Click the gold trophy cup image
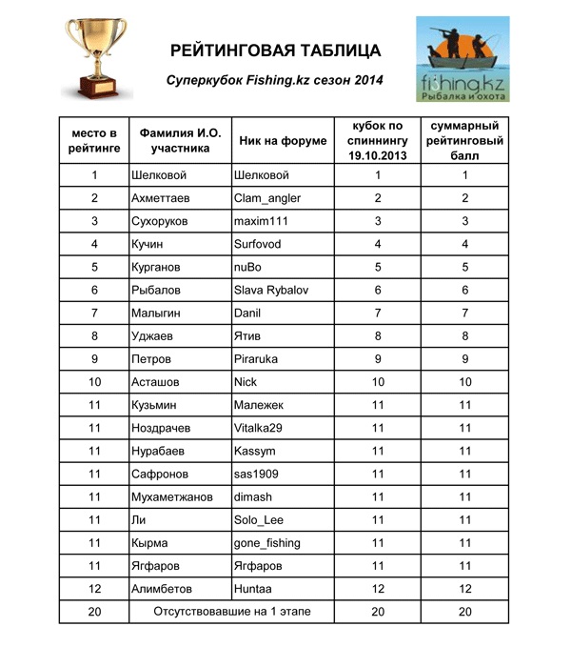(x=97, y=58)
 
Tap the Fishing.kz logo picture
(x=462, y=59)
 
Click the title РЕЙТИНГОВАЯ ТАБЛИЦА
(x=275, y=51)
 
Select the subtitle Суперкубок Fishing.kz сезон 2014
(x=275, y=81)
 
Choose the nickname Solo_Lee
(x=258, y=519)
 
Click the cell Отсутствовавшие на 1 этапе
(x=232, y=611)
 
